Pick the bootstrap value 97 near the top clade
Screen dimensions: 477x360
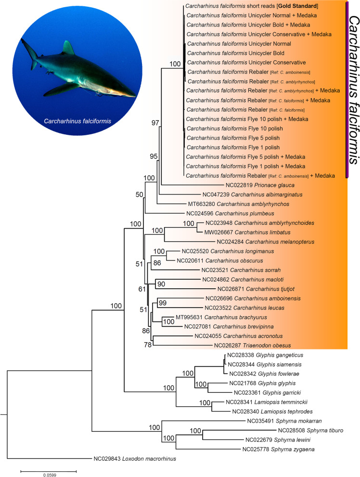click(x=154, y=137)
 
